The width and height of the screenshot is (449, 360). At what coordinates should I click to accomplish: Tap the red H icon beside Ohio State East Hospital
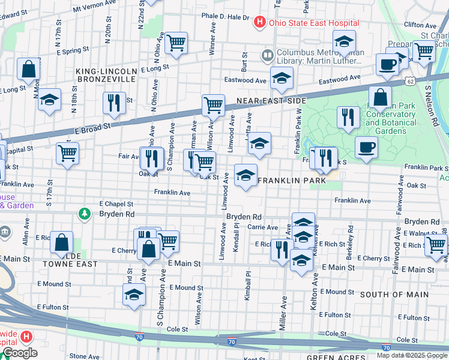[259, 23]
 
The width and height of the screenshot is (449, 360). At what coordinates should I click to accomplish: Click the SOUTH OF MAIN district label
[394, 294]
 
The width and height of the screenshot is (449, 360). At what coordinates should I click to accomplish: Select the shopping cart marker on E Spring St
[176, 43]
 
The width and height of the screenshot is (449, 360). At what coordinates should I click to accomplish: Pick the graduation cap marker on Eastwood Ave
[281, 77]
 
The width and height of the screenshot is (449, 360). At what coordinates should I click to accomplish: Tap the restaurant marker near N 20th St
[114, 103]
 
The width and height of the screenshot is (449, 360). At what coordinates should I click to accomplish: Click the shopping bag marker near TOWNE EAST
[62, 242]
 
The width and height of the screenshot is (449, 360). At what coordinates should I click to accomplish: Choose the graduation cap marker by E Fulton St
[134, 295]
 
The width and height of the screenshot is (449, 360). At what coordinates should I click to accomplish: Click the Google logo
[20, 353]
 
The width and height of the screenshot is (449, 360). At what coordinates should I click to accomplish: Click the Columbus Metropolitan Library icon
[267, 56]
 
